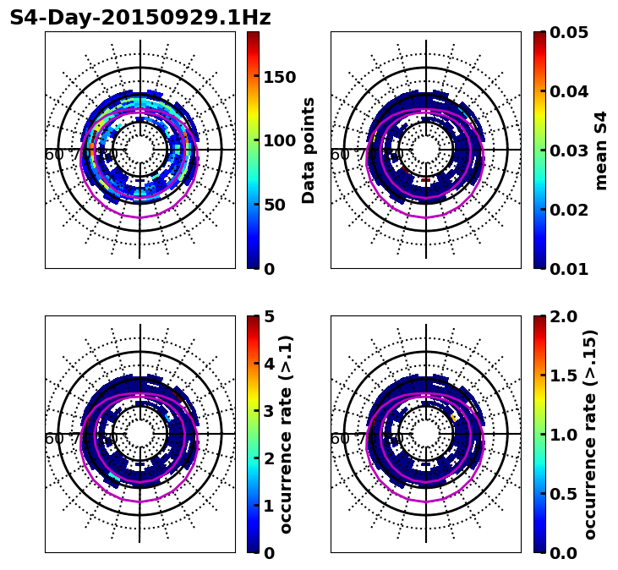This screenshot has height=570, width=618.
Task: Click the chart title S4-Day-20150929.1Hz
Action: point(140,18)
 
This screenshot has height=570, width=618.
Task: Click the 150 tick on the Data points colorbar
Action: point(279,77)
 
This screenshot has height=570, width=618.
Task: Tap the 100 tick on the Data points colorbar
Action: point(279,140)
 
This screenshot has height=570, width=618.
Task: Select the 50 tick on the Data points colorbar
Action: point(274,205)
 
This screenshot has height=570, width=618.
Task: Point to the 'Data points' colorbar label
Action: point(309,150)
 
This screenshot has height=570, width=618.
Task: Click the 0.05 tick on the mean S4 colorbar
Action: point(570,32)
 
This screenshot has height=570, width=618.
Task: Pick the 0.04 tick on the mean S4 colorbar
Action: point(570,91)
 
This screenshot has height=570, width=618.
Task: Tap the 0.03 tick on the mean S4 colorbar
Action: point(570,151)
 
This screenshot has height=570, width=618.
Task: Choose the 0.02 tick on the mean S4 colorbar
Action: point(570,210)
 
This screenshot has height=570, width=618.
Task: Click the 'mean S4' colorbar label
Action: point(601,150)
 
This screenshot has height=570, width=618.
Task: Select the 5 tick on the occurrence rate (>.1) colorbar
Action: point(269,317)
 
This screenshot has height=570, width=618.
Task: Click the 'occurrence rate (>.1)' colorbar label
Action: point(286,434)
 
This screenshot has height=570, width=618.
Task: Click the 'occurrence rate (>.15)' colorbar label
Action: point(590,434)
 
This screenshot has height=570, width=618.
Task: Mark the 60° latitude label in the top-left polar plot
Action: point(54,155)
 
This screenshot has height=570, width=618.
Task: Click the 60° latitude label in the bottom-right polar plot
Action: point(340,439)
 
